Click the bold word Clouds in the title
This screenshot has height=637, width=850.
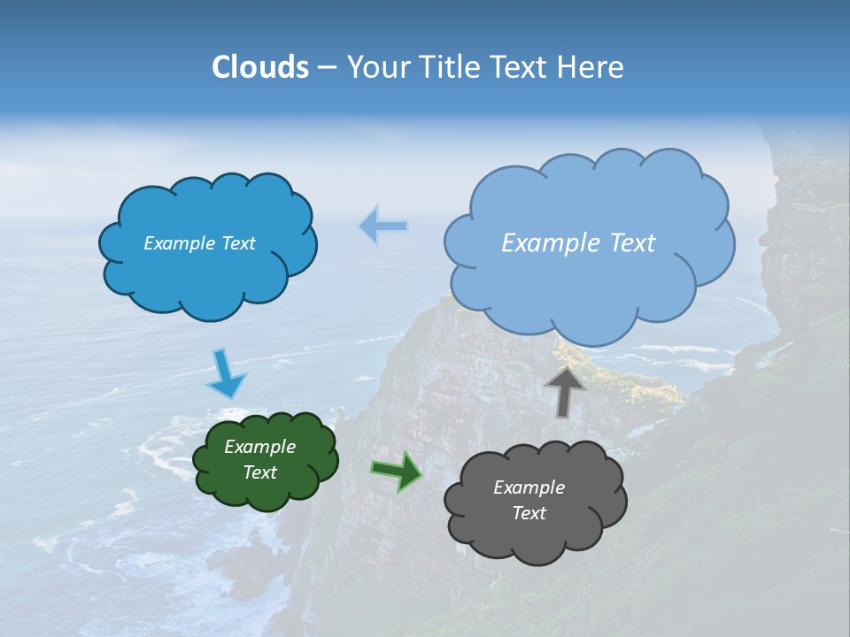pyautogui.click(x=260, y=67)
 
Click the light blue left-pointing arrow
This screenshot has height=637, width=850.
pyautogui.click(x=383, y=226)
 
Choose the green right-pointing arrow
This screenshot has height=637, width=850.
pyautogui.click(x=397, y=471)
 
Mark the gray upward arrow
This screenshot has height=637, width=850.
pyautogui.click(x=565, y=390)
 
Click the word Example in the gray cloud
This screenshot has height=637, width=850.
pyautogui.click(x=529, y=487)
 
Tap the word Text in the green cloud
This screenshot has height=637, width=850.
pyautogui.click(x=260, y=472)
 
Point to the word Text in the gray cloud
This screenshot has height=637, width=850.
pyautogui.click(x=529, y=513)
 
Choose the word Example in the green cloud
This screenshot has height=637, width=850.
pyautogui.click(x=260, y=447)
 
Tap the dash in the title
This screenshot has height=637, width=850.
pyautogui.click(x=326, y=67)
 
